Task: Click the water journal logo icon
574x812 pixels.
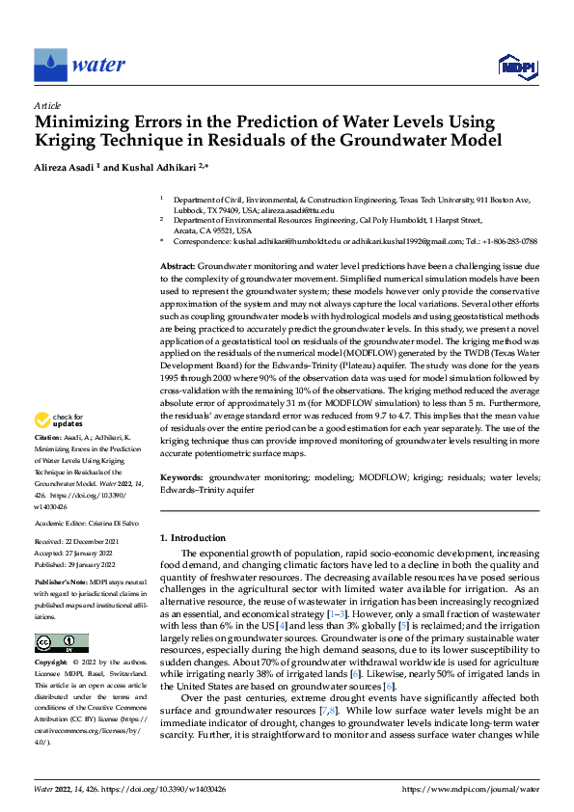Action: [50, 66]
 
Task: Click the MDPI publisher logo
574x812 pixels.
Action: [517, 66]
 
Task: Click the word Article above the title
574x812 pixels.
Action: [47, 105]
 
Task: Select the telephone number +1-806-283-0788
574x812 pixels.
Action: [507, 241]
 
